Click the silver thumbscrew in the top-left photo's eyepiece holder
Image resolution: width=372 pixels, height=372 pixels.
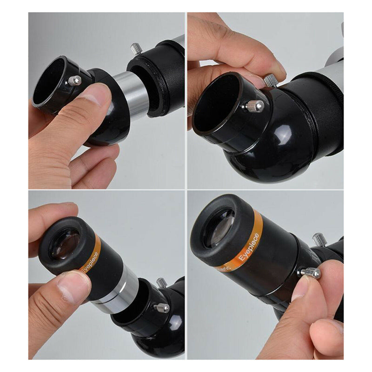[74, 80]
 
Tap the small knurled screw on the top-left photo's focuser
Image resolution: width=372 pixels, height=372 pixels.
[135, 48]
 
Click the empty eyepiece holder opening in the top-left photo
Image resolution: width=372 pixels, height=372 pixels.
[48, 81]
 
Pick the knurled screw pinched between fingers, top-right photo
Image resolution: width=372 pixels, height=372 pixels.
[271, 80]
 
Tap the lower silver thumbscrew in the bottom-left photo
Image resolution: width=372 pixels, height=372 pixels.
[162, 307]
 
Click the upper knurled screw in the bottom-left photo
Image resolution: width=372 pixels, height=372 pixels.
[161, 282]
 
